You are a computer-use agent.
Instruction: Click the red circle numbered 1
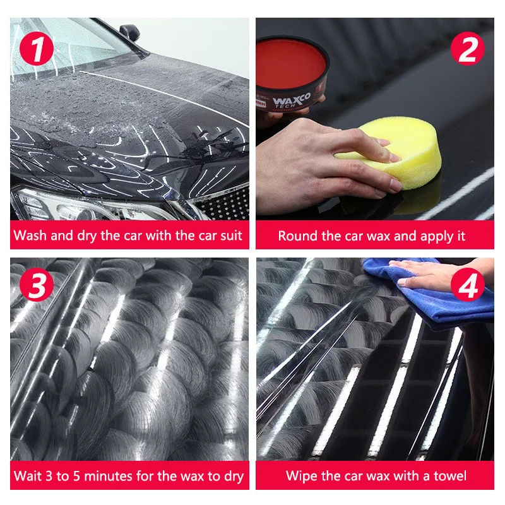click(37, 49)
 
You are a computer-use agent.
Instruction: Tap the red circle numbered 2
click(467, 49)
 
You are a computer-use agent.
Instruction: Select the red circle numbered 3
click(37, 285)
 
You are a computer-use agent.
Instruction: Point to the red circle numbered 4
click(467, 285)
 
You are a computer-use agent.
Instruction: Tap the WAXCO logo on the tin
click(292, 100)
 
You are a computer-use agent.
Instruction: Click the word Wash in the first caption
click(30, 235)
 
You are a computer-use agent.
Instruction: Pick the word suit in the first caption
click(231, 235)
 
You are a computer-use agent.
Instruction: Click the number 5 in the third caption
click(76, 476)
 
